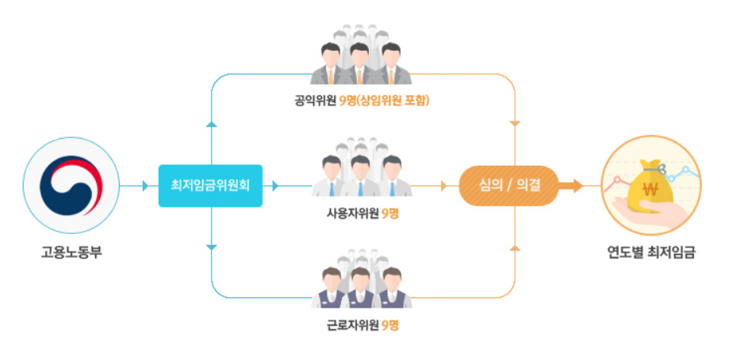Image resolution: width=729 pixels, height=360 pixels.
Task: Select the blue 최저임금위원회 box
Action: pyautogui.click(x=209, y=186)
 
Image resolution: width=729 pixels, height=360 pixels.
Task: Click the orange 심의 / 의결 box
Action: pyautogui.click(x=508, y=186)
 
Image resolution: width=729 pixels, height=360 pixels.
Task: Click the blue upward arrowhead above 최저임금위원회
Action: pyautogui.click(x=211, y=124)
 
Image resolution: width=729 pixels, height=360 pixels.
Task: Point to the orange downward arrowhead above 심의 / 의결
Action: pyautogui.click(x=516, y=124)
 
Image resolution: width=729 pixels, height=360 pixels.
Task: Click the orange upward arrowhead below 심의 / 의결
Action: pyautogui.click(x=516, y=247)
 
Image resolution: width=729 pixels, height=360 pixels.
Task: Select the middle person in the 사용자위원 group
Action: pyautogui.click(x=361, y=176)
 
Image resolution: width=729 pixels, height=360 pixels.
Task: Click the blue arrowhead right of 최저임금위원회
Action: pyautogui.click(x=276, y=186)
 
